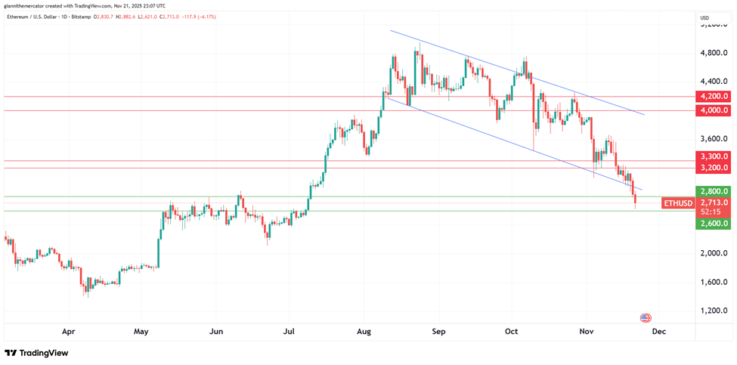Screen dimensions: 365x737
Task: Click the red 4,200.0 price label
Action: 714,97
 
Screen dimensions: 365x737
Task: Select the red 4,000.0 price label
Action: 714,110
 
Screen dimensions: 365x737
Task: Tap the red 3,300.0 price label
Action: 714,156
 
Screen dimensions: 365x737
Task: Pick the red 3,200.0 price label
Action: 714,168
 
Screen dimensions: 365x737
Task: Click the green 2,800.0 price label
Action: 714,192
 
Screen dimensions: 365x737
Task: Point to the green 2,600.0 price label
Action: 714,223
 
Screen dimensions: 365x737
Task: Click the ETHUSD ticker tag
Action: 677,203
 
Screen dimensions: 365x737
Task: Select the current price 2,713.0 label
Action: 714,203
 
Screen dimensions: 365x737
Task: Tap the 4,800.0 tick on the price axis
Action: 714,53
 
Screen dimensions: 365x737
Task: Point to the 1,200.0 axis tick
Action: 714,311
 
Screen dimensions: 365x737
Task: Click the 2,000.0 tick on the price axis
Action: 714,253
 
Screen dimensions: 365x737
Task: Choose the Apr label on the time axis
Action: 69,331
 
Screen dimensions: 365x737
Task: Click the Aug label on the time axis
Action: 364,331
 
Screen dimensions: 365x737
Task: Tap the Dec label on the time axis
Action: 658,331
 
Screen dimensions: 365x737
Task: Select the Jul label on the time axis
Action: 289,331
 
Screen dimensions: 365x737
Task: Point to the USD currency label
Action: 704,17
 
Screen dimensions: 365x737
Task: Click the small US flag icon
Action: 646,318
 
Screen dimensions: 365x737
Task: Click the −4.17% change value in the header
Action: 204,17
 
